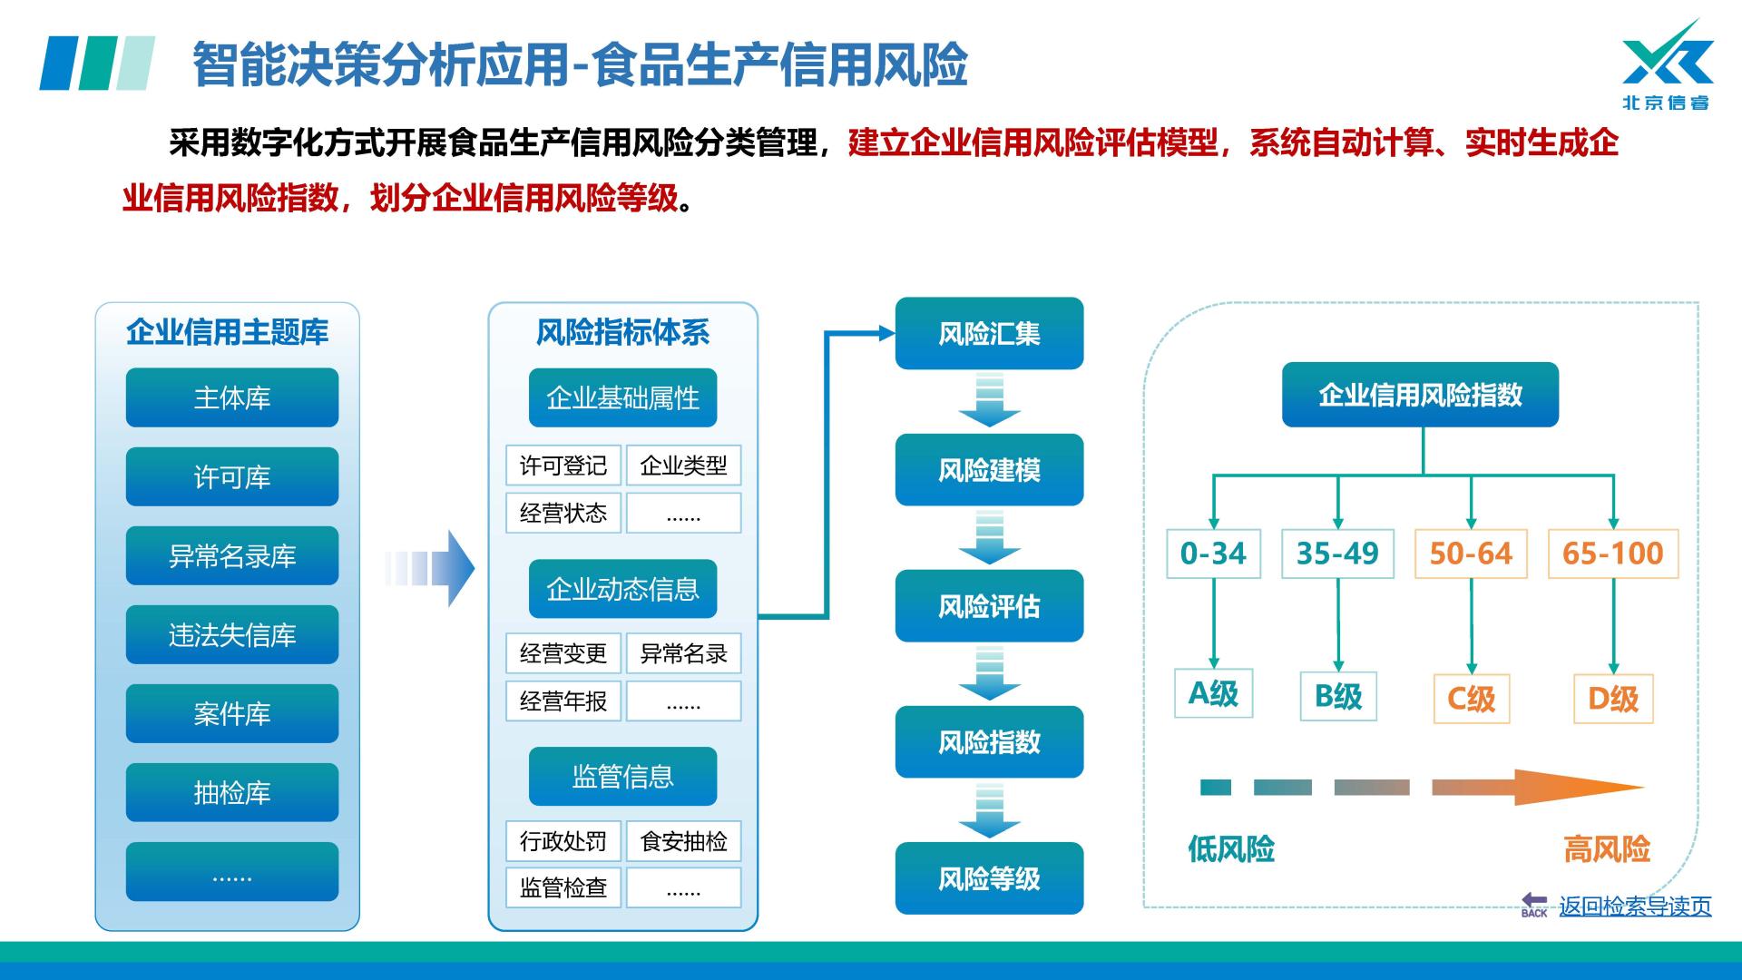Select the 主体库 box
(231, 397)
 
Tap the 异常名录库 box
(231, 555)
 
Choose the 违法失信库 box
(231, 634)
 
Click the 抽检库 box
(231, 792)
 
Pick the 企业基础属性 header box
(622, 397)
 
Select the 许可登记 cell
(563, 465)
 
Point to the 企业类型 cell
(683, 465)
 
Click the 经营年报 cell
(563, 701)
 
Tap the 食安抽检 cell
(683, 841)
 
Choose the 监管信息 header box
(622, 776)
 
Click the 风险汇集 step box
(989, 333)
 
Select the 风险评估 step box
(989, 605)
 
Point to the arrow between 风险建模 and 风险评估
(989, 537)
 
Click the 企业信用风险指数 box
(1420, 395)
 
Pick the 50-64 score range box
(1471, 554)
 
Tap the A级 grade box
(1213, 693)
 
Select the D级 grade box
(1613, 698)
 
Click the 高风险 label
(1606, 849)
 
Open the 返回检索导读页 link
(1634, 906)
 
